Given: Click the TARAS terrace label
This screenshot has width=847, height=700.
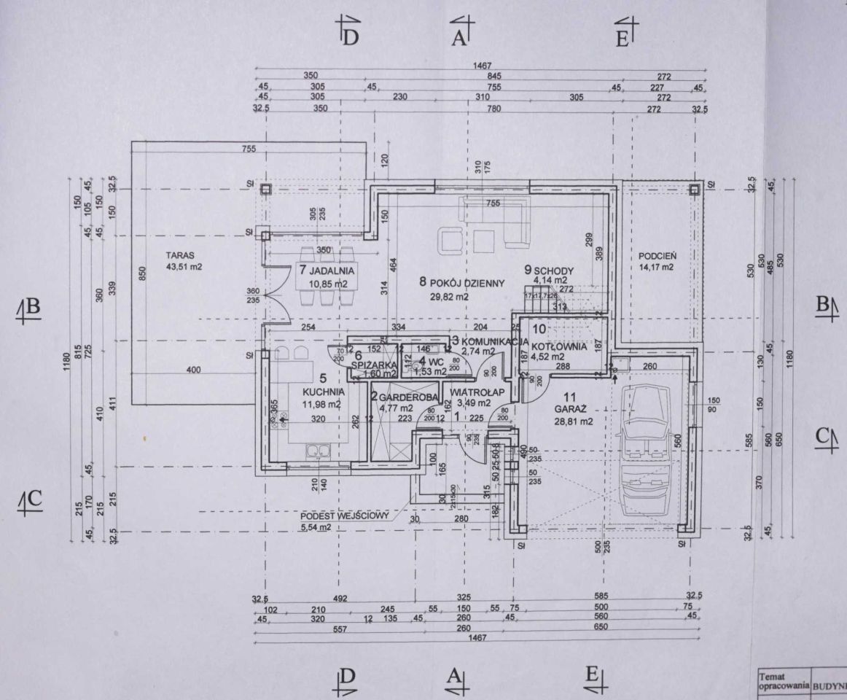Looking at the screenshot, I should click(179, 256).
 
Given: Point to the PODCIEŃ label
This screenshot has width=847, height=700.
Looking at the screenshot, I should click(658, 256).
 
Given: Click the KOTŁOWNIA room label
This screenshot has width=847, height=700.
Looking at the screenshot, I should click(558, 346).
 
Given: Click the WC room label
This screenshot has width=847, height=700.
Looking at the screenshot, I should click(437, 361).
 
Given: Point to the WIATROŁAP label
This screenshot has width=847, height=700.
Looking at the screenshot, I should click(477, 393).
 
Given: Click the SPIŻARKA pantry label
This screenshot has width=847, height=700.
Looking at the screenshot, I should click(373, 364).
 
